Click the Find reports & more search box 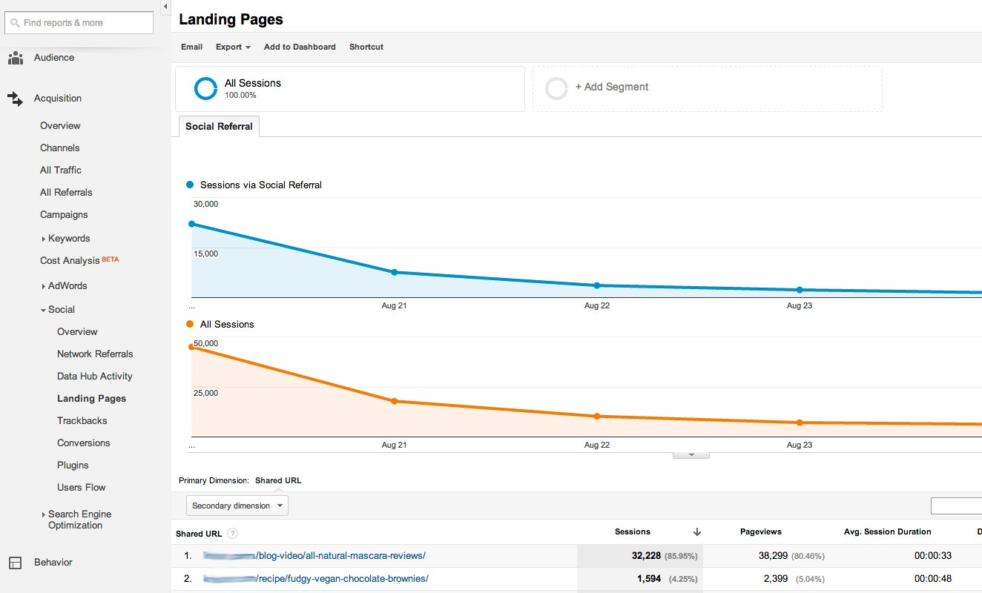pos(79,23)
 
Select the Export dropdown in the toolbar pos(233,47)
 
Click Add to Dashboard pos(300,47)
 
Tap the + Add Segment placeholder pos(611,87)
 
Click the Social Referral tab pos(219,127)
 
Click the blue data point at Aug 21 pos(394,272)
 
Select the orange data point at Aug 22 pos(596,417)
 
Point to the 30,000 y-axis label pos(205,204)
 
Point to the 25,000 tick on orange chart pos(205,393)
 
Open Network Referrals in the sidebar pos(95,354)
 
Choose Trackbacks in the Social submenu pos(82,421)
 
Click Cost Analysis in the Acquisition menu pos(70,261)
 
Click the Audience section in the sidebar pos(54,58)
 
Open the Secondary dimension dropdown pos(237,506)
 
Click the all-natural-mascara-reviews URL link pos(340,556)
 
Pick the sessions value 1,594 pos(648,579)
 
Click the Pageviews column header pos(760,532)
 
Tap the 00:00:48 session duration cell pos(933,579)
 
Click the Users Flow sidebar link pos(82,488)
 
